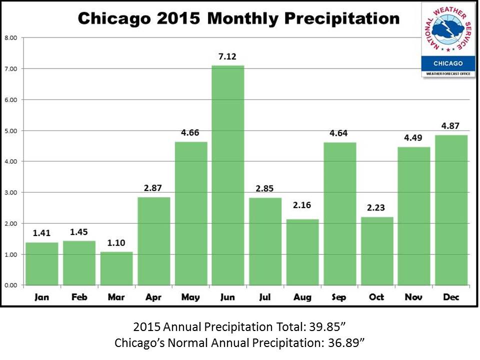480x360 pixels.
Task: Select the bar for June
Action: (228, 175)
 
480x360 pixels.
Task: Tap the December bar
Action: (451, 210)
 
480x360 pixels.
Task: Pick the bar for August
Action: (302, 252)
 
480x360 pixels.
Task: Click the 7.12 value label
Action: (228, 56)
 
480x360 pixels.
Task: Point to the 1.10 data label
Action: (116, 243)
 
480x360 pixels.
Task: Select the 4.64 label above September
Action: (340, 133)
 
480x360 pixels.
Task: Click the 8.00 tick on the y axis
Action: (10, 37)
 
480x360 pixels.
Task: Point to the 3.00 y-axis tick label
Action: (10, 192)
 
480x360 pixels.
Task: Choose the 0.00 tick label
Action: (10, 285)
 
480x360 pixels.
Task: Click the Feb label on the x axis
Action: (79, 297)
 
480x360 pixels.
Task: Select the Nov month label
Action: (414, 297)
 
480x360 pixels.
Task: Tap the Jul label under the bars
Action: (265, 297)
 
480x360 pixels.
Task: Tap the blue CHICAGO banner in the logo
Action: (448, 63)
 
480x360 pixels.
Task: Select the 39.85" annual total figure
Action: (324, 328)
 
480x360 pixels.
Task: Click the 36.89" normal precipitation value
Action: (345, 343)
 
